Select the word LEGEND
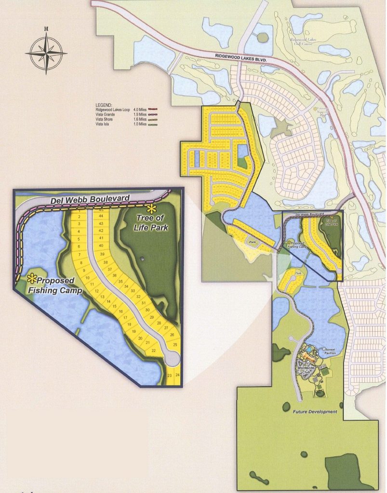click(x=104, y=104)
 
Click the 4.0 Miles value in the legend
click(x=140, y=109)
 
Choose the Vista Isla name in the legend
click(x=106, y=125)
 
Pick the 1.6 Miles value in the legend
click(x=140, y=119)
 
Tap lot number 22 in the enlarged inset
click(x=154, y=350)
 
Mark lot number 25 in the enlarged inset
click(x=175, y=345)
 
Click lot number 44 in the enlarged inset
click(x=101, y=217)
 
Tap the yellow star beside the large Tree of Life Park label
click(x=152, y=209)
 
